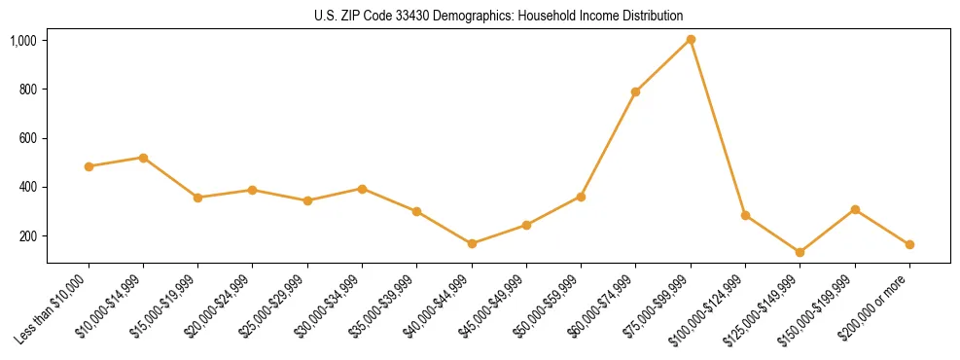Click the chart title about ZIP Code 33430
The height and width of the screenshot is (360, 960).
(x=498, y=16)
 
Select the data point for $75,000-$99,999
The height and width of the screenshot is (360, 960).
(x=691, y=39)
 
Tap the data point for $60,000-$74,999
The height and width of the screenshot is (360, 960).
(x=636, y=91)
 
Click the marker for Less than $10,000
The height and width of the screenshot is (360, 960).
(x=89, y=166)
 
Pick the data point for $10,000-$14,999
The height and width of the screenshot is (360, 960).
(x=143, y=158)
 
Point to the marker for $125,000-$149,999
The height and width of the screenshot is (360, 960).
(x=800, y=252)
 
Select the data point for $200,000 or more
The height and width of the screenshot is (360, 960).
(x=909, y=245)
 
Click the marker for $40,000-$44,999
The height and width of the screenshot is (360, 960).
(x=472, y=243)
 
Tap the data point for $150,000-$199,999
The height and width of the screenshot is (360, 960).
(x=855, y=209)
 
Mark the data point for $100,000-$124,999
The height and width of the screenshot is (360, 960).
(x=745, y=215)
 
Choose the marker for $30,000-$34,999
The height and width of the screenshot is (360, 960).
(x=362, y=189)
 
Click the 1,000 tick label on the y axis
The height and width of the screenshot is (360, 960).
(x=23, y=41)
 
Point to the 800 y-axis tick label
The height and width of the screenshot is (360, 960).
(x=27, y=90)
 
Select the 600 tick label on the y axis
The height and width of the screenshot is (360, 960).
(x=27, y=138)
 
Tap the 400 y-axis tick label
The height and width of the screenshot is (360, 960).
(x=27, y=187)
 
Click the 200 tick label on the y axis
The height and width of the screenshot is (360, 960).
(x=27, y=235)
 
